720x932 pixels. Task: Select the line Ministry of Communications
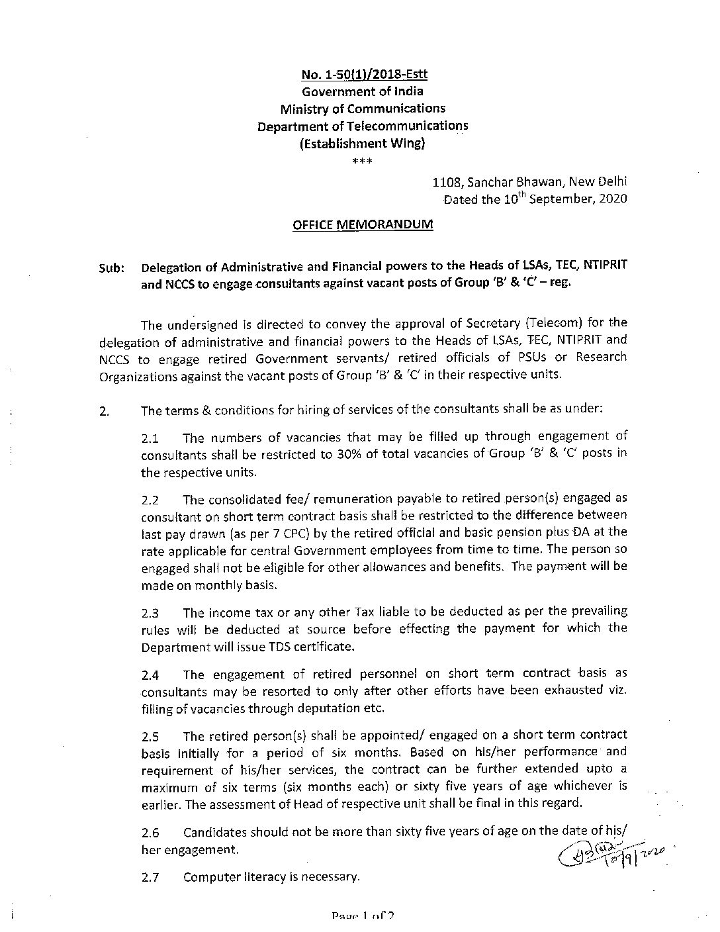pyautogui.click(x=363, y=108)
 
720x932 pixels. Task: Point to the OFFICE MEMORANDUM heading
pyautogui.click(x=363, y=224)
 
